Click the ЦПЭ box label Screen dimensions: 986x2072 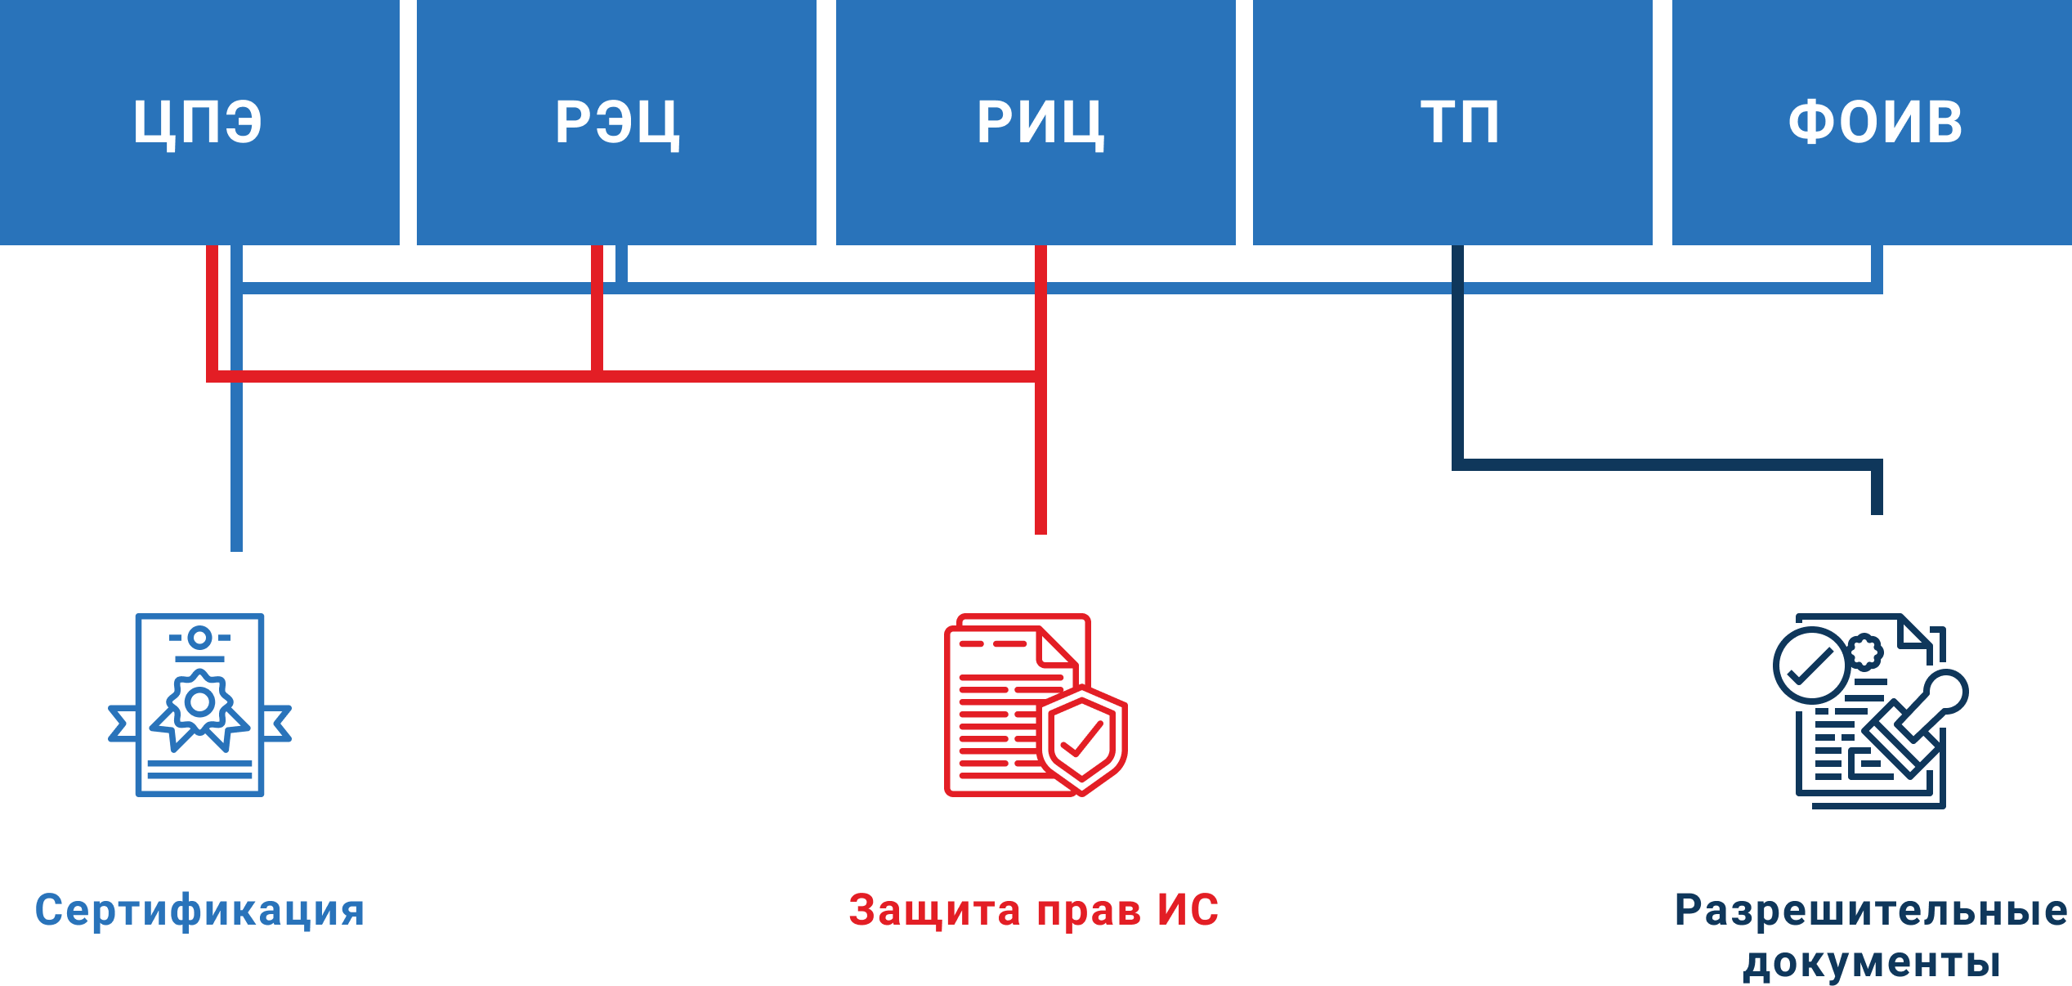[x=198, y=123]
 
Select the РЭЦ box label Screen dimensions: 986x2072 [x=617, y=123]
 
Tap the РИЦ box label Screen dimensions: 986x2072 [x=1040, y=123]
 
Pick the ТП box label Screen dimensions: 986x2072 [x=1460, y=123]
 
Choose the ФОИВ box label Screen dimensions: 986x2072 [x=1875, y=123]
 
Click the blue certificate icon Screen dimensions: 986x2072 [x=199, y=705]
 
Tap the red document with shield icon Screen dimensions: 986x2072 [x=1035, y=705]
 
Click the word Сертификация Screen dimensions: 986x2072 [x=199, y=911]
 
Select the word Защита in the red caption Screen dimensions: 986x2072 [x=934, y=911]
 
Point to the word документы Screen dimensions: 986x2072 [x=1872, y=961]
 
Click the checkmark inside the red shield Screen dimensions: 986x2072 [x=1082, y=740]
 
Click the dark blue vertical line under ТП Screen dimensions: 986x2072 [x=1457, y=368]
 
